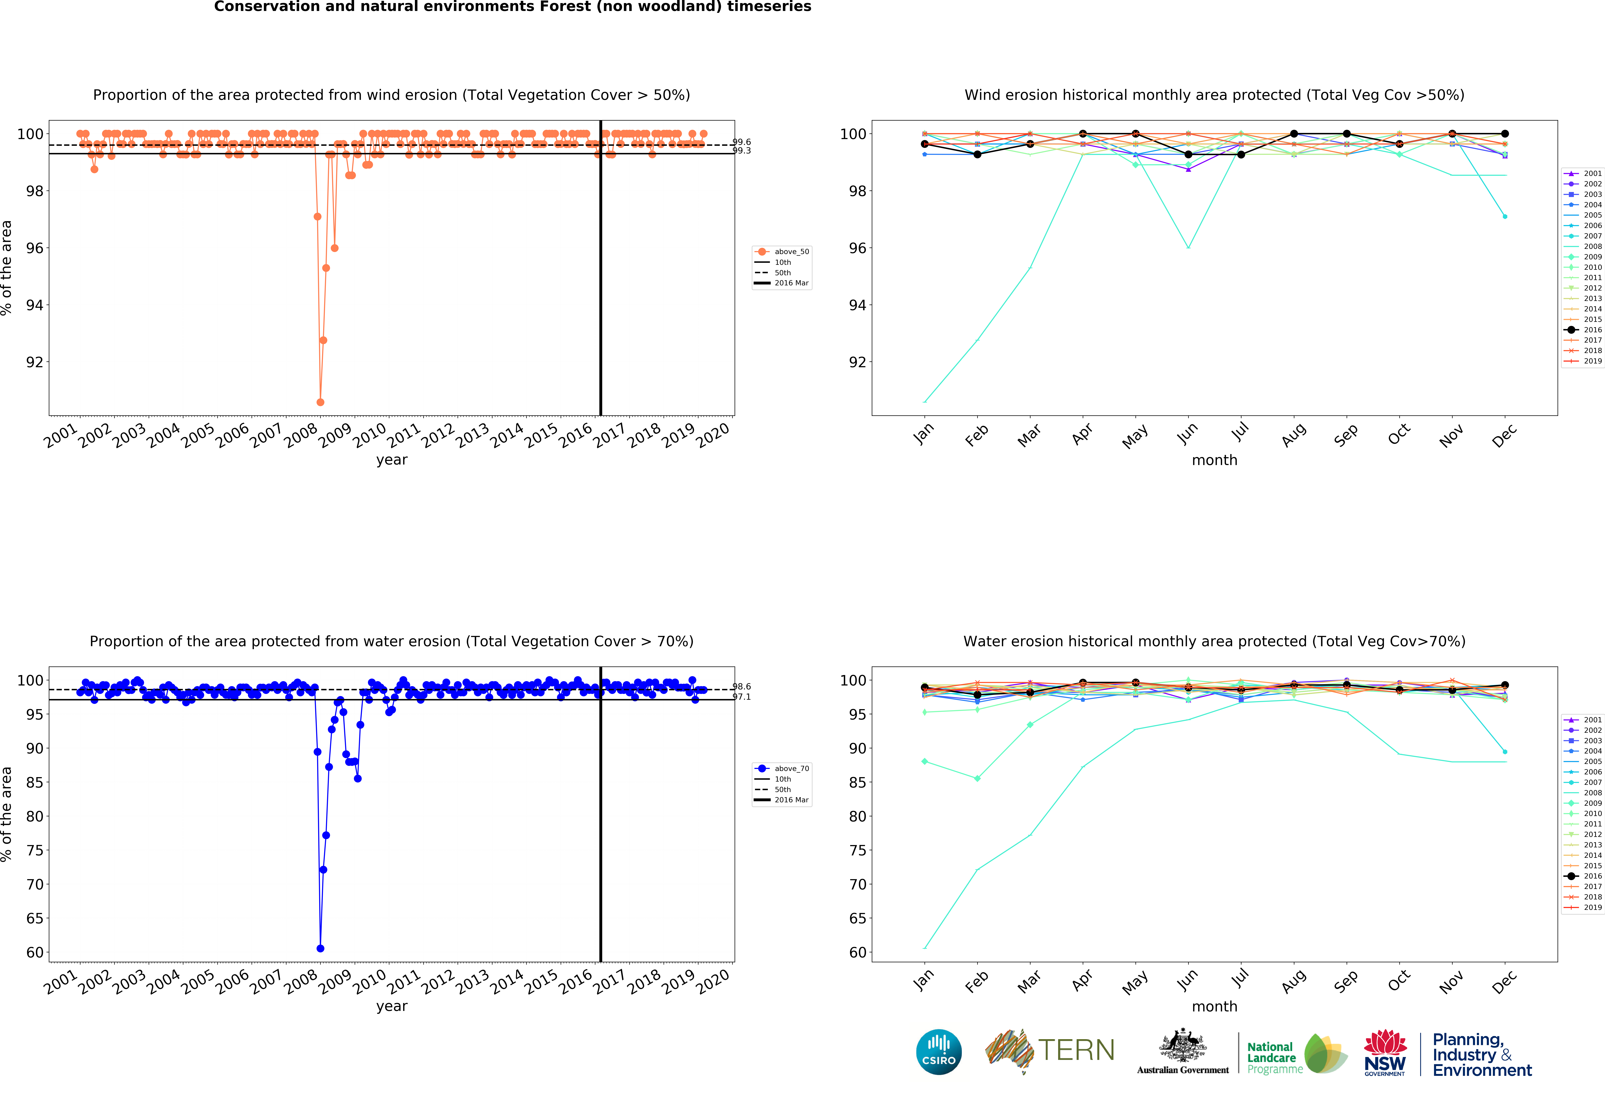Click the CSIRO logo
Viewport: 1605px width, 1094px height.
[x=939, y=1052]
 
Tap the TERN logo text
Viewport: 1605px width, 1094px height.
[x=1076, y=1050]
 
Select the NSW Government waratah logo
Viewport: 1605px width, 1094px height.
[x=1385, y=1052]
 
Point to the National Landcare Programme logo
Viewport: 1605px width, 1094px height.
[x=1296, y=1055]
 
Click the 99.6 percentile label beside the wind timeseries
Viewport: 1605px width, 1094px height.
[x=742, y=142]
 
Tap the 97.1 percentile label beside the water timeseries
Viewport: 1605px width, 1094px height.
[x=742, y=697]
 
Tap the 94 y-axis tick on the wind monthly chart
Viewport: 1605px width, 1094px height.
[x=857, y=305]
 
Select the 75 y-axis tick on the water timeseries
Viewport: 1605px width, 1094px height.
[x=35, y=850]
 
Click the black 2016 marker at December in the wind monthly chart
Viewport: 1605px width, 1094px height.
[x=1505, y=134]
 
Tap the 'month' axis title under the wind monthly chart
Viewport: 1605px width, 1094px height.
[x=1214, y=460]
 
